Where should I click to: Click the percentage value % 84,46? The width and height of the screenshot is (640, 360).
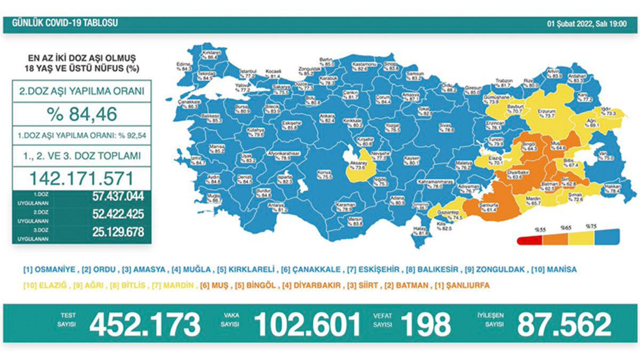[82, 114]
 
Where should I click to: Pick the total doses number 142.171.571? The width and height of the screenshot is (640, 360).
[82, 177]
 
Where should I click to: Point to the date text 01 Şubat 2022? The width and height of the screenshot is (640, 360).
[570, 23]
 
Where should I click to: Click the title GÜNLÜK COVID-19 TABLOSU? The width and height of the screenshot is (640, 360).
[61, 23]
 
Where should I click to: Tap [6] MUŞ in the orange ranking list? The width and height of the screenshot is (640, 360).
[215, 286]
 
